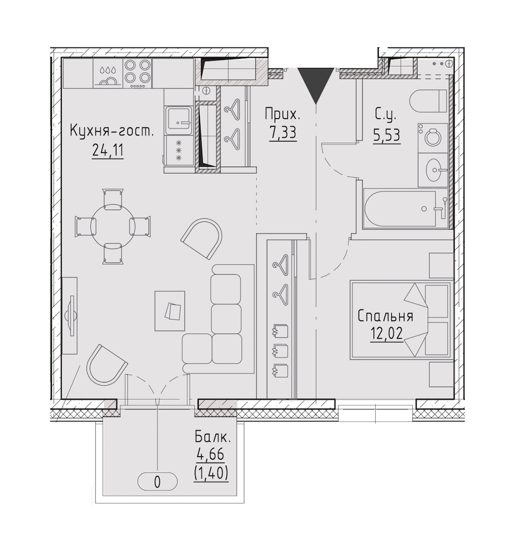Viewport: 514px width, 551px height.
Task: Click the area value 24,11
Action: tap(107, 151)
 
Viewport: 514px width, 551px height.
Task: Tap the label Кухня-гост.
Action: tap(112, 131)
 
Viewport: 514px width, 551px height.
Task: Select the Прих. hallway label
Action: tap(283, 114)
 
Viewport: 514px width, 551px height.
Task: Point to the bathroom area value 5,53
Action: tap(387, 135)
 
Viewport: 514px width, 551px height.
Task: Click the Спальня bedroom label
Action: tap(385, 316)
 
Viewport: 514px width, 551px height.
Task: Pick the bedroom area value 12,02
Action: tap(386, 333)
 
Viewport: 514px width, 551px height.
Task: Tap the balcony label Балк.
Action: tap(212, 437)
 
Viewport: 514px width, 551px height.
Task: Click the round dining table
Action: tap(113, 227)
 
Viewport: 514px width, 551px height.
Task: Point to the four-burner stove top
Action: tap(138, 73)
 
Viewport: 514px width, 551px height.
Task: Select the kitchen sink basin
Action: tap(179, 119)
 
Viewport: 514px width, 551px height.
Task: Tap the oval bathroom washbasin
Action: tap(435, 170)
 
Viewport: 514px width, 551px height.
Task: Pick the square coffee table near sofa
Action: tap(170, 311)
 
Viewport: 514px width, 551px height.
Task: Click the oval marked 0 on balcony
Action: tap(157, 482)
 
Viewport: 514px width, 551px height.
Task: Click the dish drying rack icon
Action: tap(107, 77)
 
